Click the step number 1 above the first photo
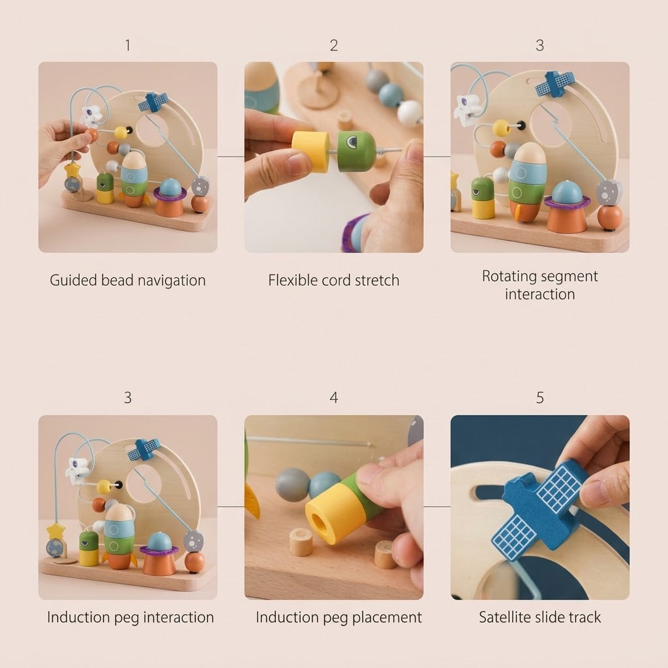click(x=127, y=45)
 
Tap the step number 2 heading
click(x=333, y=45)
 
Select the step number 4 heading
click(x=333, y=397)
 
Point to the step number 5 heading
click(x=539, y=397)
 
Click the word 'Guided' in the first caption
click(x=73, y=281)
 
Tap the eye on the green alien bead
click(x=352, y=142)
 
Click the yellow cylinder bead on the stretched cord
click(x=311, y=151)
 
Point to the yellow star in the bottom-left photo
click(x=56, y=532)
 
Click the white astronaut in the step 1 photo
click(x=91, y=115)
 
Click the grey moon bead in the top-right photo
click(x=609, y=192)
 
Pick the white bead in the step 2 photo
click(x=410, y=112)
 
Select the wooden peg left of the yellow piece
click(x=301, y=542)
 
